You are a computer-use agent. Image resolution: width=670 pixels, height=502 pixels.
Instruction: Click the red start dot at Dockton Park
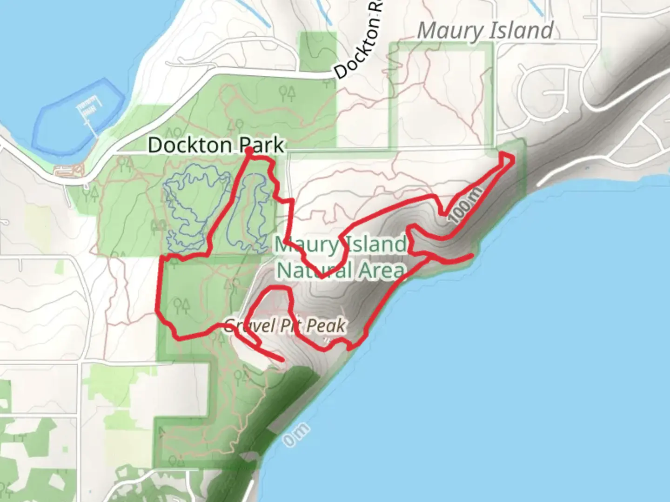249,150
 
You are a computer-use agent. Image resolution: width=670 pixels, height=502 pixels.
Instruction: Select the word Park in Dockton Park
261,145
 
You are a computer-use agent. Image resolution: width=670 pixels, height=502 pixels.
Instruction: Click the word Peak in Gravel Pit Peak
326,326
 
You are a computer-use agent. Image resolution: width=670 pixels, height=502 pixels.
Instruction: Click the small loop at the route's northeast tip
507,159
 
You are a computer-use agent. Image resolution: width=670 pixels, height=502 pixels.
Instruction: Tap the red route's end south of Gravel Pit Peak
282,360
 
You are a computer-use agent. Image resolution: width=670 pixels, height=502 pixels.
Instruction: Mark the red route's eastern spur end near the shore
472,255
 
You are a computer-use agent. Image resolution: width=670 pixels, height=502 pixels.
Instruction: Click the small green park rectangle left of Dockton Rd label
318,51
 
